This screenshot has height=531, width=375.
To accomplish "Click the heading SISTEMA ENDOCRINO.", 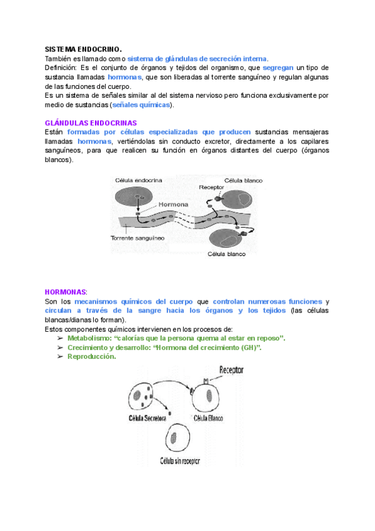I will [x=84, y=49].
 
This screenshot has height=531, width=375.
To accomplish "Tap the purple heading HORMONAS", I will [x=66, y=292].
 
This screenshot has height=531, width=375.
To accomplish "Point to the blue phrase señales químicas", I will [x=141, y=105].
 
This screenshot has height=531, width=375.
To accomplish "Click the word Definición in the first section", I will [x=61, y=67].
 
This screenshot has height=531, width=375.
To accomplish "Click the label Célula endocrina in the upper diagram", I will [x=139, y=180].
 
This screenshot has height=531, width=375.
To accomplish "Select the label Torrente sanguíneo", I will [x=137, y=239].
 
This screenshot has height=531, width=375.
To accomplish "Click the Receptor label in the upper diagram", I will [x=211, y=187].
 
